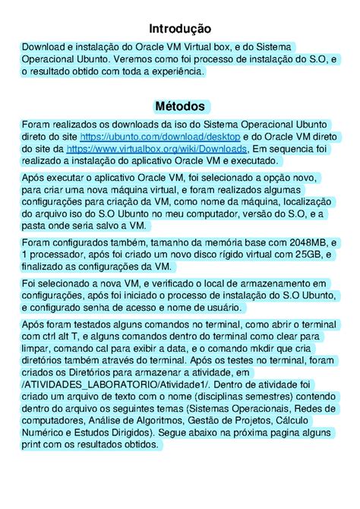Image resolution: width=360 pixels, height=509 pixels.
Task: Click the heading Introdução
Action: (x=179, y=28)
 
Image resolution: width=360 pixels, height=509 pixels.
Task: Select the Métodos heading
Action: (x=179, y=106)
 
